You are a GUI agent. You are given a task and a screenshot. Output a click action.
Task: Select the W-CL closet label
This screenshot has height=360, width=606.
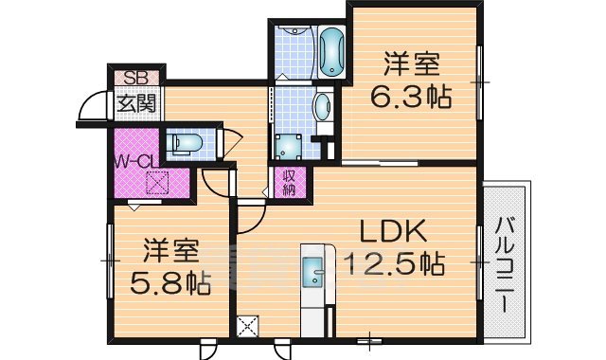pos(134,160)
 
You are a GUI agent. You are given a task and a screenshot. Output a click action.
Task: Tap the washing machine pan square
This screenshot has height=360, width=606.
pos(287,144)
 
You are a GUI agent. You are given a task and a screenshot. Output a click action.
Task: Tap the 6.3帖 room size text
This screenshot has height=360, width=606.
pos(412,96)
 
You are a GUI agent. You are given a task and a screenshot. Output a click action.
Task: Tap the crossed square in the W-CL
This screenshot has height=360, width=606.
pos(155,182)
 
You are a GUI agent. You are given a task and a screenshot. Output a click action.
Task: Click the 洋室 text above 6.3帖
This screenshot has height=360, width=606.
pos(412,65)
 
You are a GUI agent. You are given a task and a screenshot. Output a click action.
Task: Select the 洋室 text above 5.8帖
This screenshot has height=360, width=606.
pos(171,251)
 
